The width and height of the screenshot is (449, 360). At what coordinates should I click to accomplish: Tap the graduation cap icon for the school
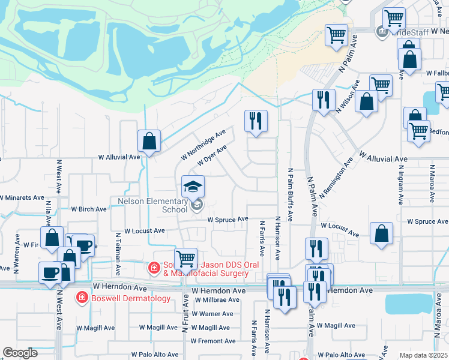(x=193, y=187)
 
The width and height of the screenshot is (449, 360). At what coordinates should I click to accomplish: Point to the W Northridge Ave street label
(x=203, y=145)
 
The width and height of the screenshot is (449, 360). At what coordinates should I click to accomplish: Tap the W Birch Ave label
(x=89, y=209)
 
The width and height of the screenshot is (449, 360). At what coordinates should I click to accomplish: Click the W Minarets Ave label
(x=22, y=197)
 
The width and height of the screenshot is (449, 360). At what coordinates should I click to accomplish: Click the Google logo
(x=20, y=353)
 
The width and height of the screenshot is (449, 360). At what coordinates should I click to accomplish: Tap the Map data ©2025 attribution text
(x=423, y=355)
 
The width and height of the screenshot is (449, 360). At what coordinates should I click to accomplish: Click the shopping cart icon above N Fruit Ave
(x=186, y=259)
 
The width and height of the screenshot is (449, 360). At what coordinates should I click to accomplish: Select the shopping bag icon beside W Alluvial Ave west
(x=149, y=142)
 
